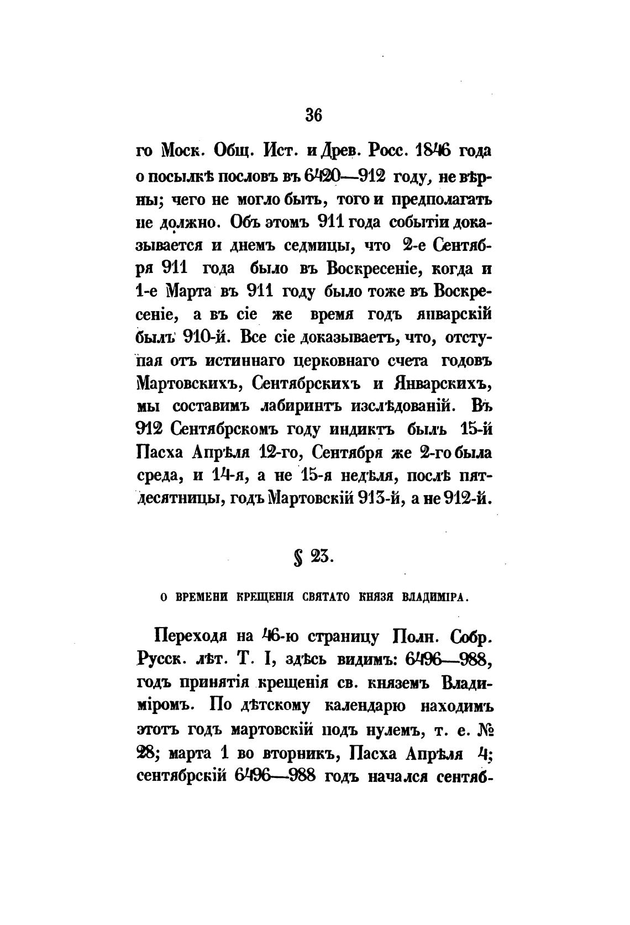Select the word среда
click(158, 476)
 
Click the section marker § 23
click(313, 557)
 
